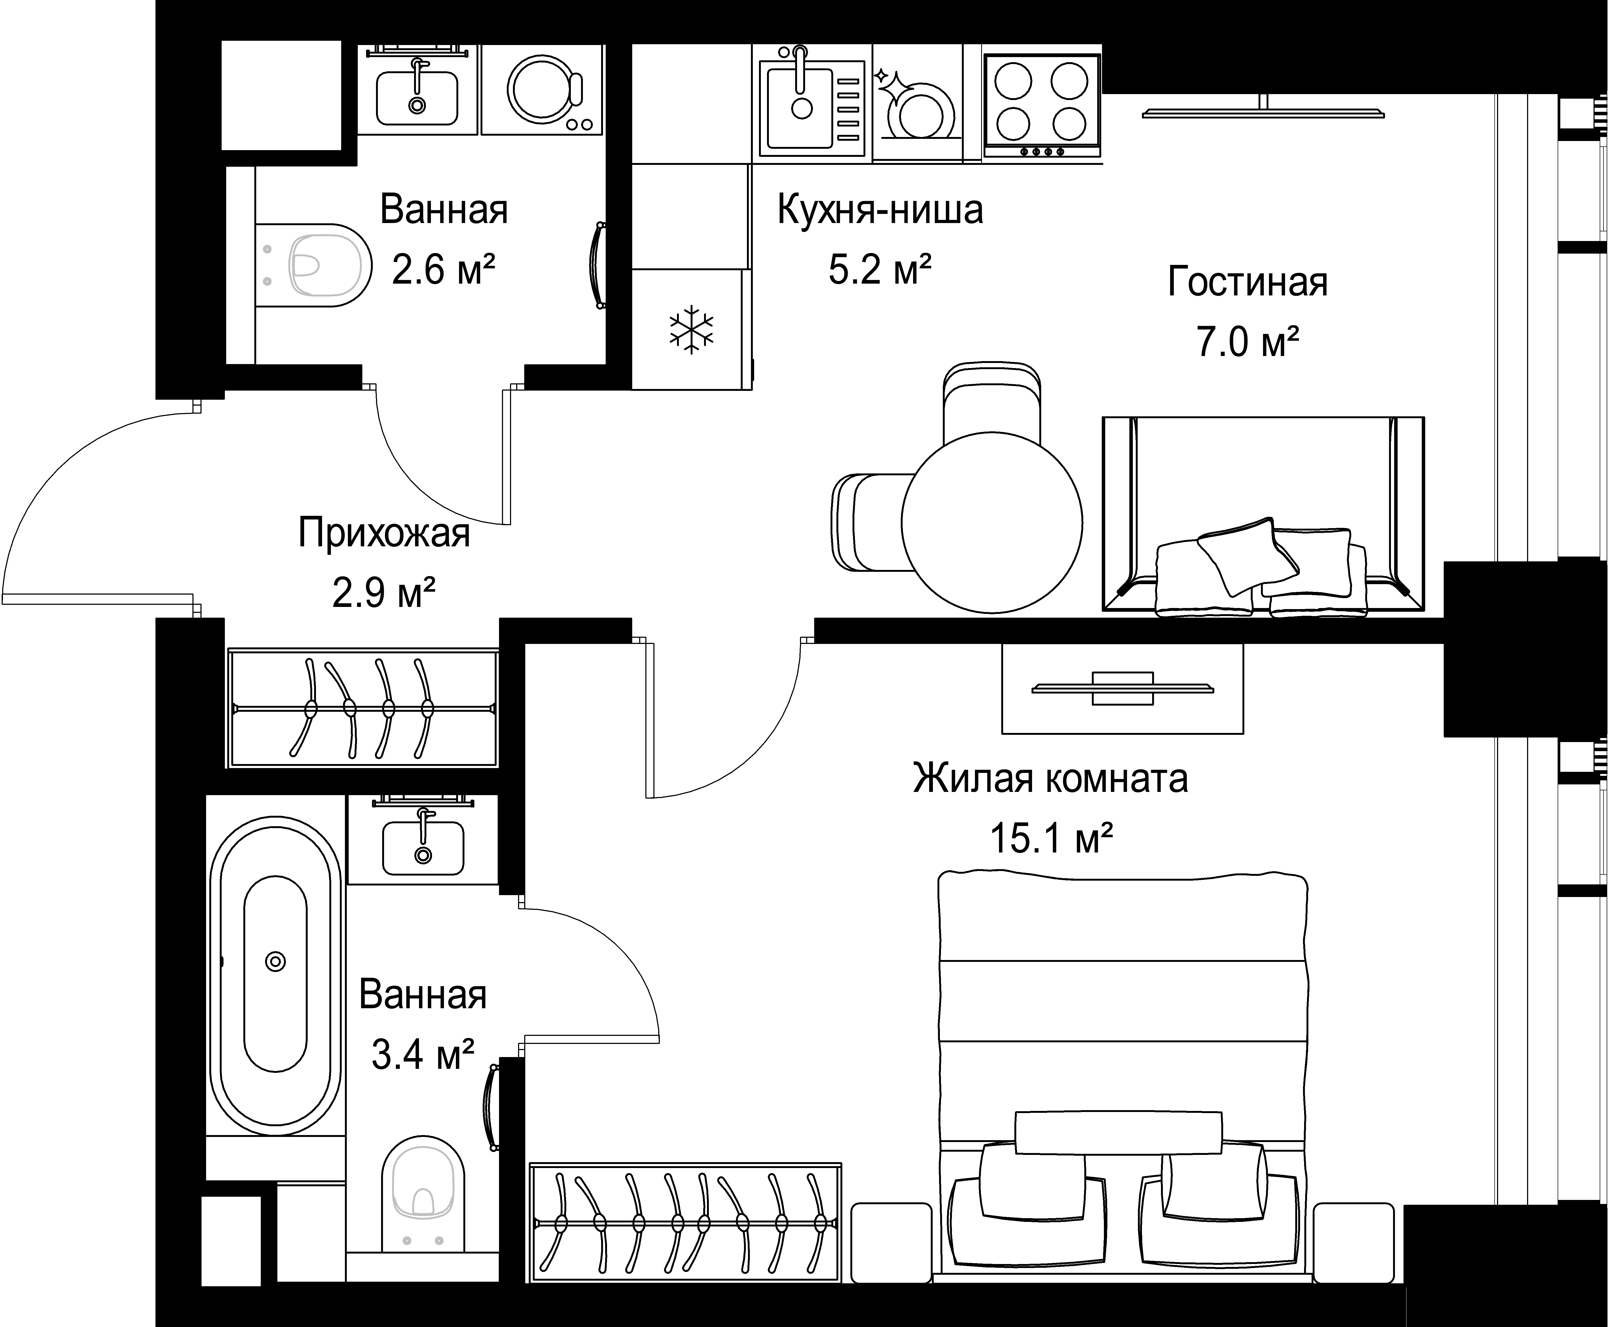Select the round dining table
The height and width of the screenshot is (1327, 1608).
(x=992, y=523)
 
